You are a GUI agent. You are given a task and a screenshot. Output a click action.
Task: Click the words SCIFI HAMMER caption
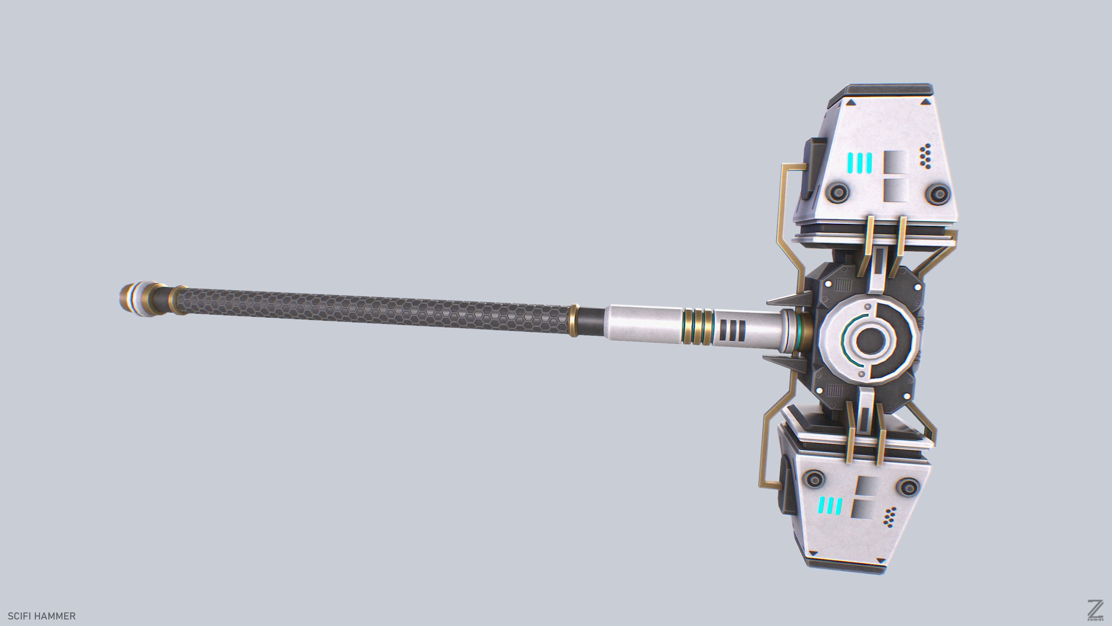(42, 616)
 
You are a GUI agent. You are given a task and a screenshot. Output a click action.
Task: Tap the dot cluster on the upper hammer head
(925, 156)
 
